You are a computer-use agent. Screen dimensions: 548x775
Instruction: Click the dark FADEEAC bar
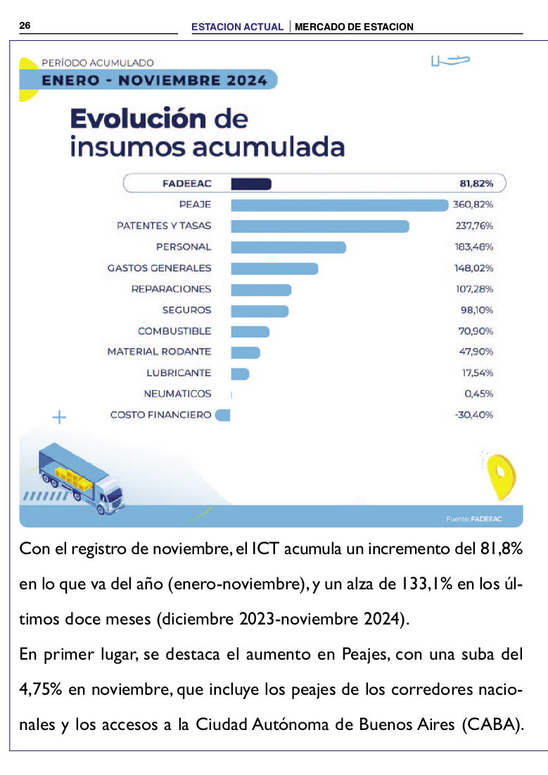click(x=250, y=184)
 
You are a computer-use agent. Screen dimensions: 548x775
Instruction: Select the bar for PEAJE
click(x=339, y=205)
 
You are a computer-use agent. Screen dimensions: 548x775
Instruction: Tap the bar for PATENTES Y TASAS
click(x=320, y=226)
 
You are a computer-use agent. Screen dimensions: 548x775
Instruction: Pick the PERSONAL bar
click(x=288, y=248)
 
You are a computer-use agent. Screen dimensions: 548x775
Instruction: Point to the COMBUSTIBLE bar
click(x=250, y=332)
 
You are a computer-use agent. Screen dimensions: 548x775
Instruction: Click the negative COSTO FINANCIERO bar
click(x=222, y=415)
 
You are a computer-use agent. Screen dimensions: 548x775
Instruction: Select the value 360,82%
click(x=473, y=205)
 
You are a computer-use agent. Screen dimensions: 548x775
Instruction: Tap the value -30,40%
click(x=474, y=415)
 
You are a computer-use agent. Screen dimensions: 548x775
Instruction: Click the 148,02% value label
click(x=474, y=269)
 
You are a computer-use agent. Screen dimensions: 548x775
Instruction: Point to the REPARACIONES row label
click(x=171, y=289)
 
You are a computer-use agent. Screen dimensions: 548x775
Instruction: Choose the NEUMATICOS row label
click(x=177, y=394)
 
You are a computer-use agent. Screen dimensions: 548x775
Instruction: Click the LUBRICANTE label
click(x=179, y=373)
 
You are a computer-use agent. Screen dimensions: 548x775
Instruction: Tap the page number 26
click(x=25, y=26)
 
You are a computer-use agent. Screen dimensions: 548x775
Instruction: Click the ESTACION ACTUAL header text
click(x=237, y=27)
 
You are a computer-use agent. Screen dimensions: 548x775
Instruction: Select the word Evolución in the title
click(x=138, y=119)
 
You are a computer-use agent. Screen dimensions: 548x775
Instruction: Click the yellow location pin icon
click(x=501, y=475)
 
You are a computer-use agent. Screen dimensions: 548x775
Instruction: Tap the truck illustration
click(x=82, y=479)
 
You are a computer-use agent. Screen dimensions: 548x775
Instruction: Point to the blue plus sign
click(x=59, y=418)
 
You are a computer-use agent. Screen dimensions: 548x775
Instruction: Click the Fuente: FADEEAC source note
click(x=474, y=519)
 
